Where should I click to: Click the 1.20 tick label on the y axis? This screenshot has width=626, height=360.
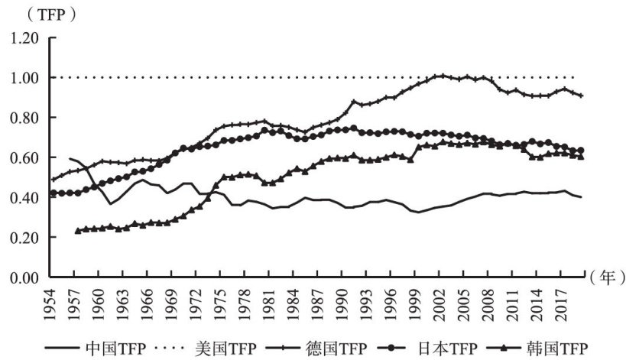pos(27,37)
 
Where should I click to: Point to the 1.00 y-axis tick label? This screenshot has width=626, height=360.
pos(27,77)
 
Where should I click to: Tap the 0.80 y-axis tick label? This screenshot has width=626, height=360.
pos(27,117)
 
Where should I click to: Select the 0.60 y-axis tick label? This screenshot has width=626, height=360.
pos(27,157)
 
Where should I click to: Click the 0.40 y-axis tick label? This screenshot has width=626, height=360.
pos(27,197)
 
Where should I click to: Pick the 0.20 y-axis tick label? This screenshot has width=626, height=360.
pos(27,237)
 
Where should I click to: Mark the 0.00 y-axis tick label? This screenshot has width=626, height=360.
pos(27,277)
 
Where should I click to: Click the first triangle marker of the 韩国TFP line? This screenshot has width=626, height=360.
pos(77,230)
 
